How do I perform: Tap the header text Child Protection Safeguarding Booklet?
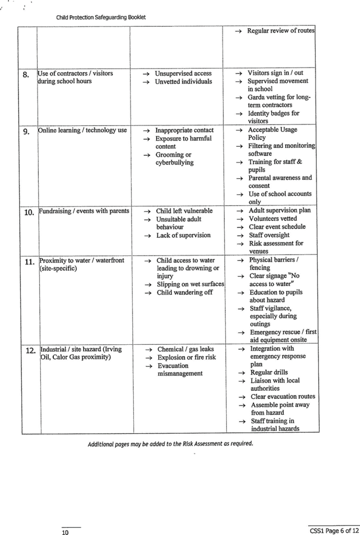click(101, 17)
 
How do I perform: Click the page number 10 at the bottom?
click(66, 532)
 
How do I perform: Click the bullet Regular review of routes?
click(281, 31)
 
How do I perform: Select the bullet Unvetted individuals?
click(183, 82)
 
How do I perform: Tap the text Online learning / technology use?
click(83, 130)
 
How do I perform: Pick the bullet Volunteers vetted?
click(273, 219)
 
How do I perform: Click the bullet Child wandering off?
click(184, 293)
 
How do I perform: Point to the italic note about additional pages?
click(170, 444)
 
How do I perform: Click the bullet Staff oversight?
click(269, 235)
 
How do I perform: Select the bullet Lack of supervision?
click(183, 235)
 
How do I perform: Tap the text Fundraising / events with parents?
click(84, 211)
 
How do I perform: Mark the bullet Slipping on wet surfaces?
click(190, 284)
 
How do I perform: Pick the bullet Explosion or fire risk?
click(187, 357)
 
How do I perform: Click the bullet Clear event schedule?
click(277, 227)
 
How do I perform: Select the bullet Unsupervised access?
click(183, 74)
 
